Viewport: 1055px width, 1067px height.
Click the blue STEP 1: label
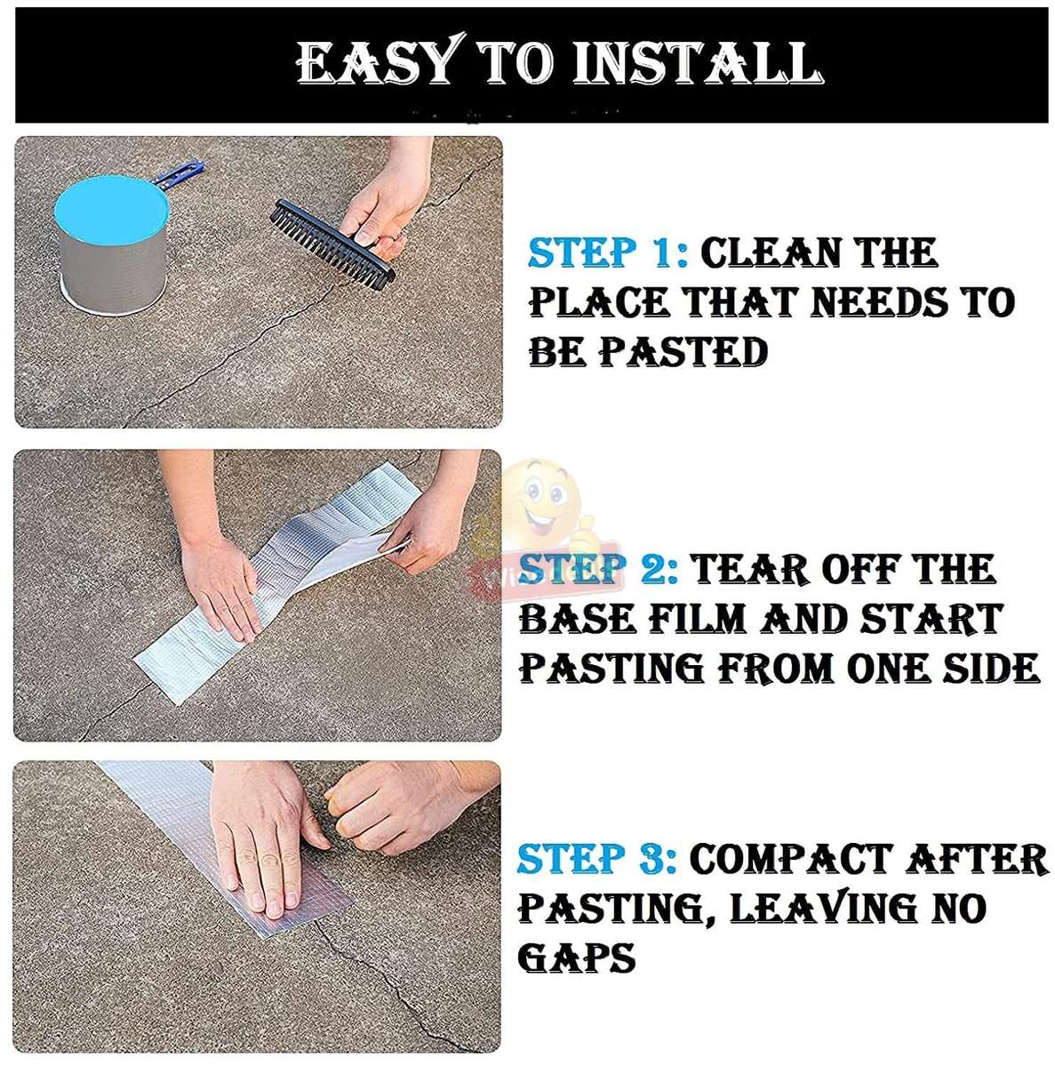click(x=607, y=253)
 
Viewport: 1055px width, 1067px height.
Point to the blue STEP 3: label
click(x=596, y=859)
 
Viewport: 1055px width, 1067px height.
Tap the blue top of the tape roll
click(x=111, y=205)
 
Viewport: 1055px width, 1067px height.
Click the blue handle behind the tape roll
click(x=181, y=172)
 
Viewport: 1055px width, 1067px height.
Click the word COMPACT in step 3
click(x=790, y=859)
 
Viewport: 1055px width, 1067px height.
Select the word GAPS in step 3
click(x=577, y=959)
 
